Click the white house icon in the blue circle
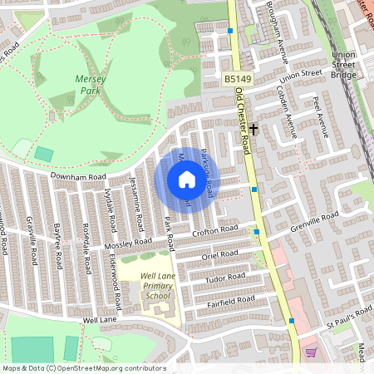[x=186, y=179]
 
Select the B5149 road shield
[x=237, y=78]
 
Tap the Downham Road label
[x=79, y=177]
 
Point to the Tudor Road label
[x=226, y=276]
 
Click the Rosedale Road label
[x=86, y=249]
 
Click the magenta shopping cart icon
[x=311, y=352]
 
